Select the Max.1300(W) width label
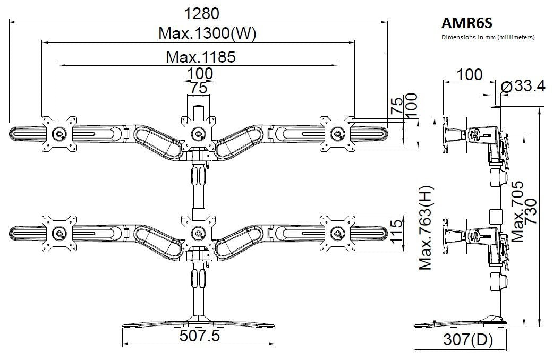pos(208,34)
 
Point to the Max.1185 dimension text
pos(201,56)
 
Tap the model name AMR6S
pos(464,23)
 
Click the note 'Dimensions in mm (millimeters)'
pos(488,38)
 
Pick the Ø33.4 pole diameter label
pos(523,87)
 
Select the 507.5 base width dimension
pos(199,336)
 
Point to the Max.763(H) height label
pos(425,228)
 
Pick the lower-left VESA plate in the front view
pos(58,232)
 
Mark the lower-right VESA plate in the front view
pos(337,232)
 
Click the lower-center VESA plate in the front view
pos(199,233)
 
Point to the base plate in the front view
pos(199,322)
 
